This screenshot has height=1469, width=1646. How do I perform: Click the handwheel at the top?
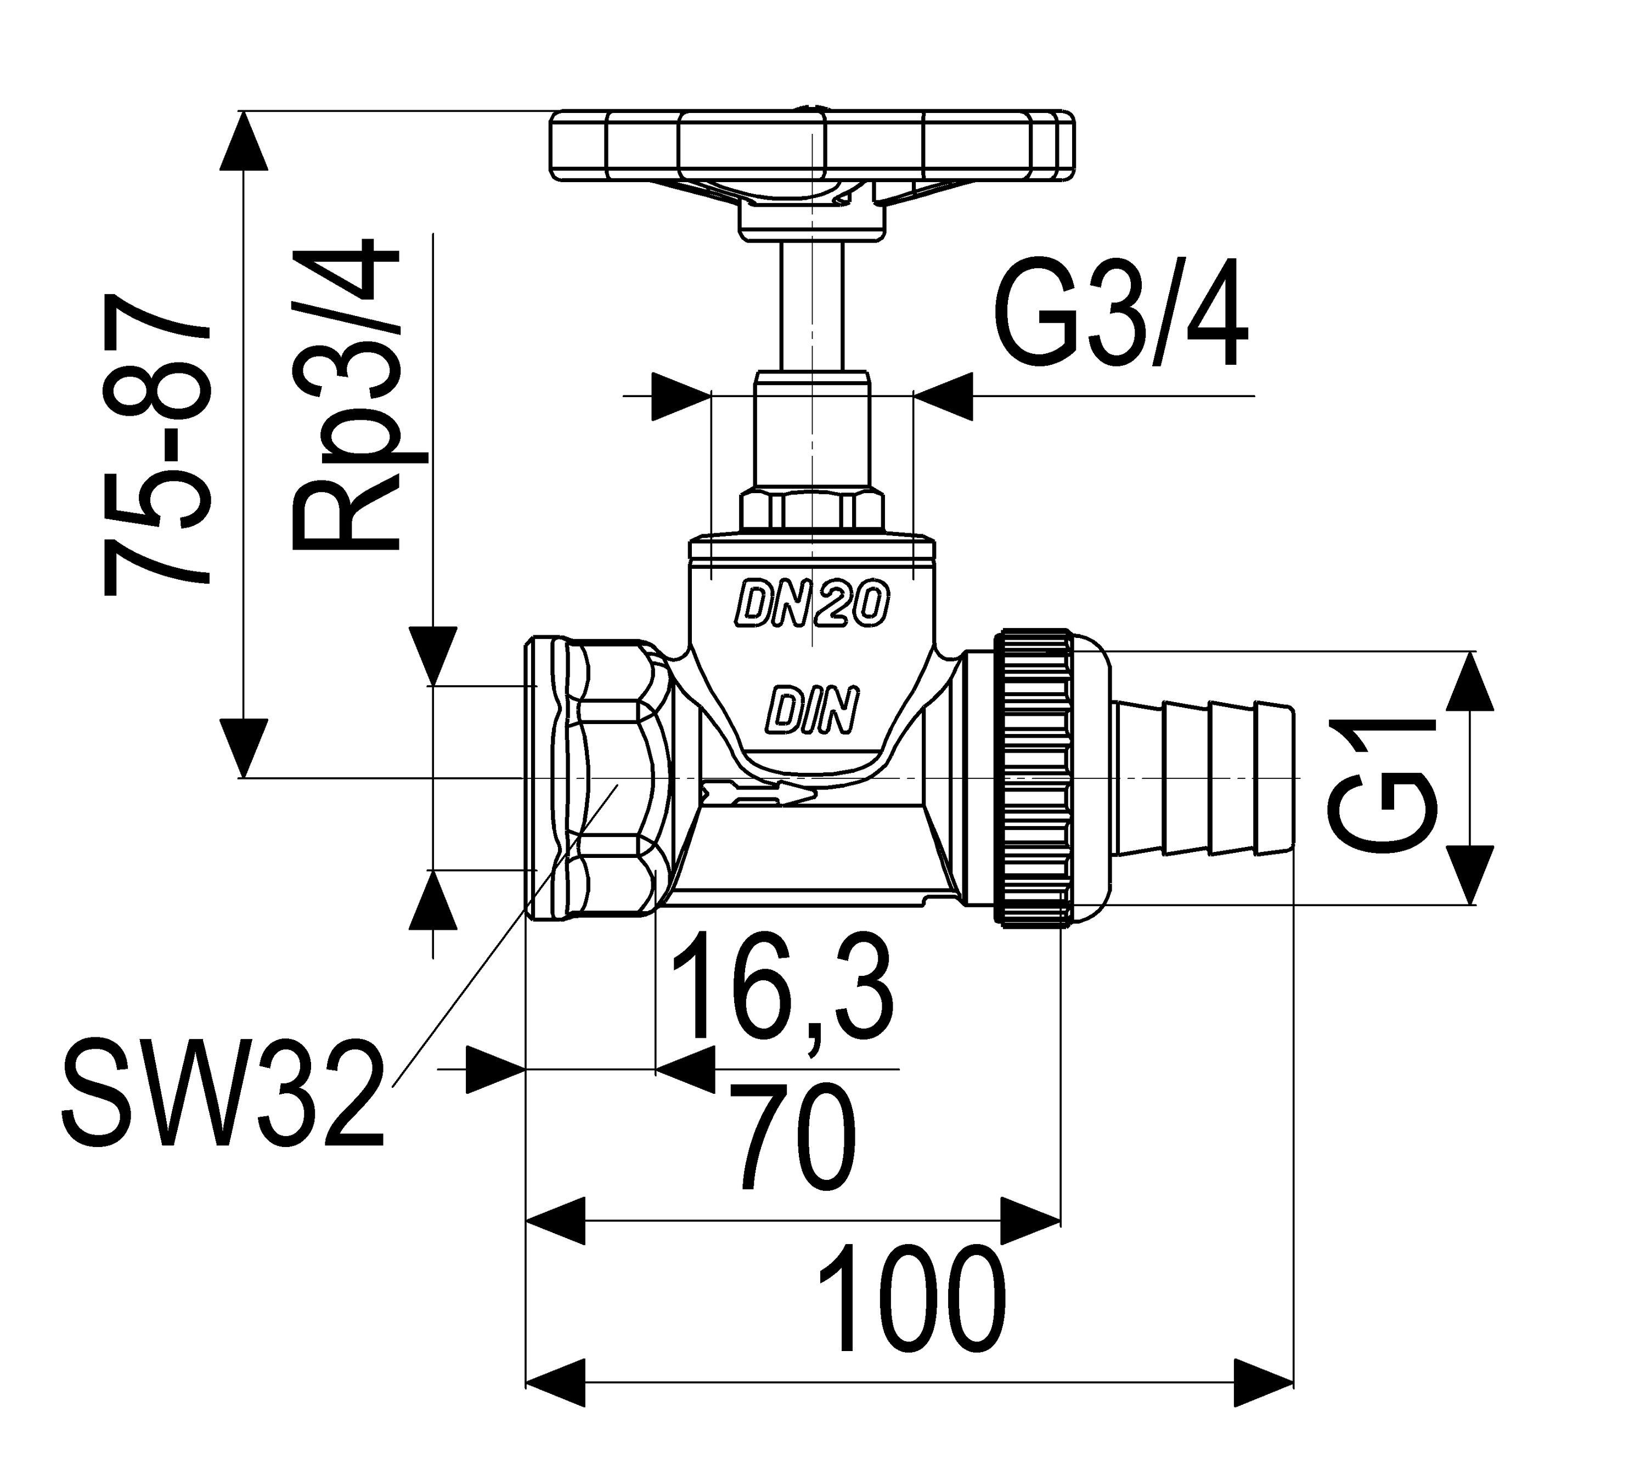[811, 145]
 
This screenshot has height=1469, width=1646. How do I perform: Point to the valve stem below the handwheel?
[811, 307]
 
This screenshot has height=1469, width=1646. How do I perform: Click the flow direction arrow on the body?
[759, 794]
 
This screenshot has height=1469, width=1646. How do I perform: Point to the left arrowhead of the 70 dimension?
[555, 1222]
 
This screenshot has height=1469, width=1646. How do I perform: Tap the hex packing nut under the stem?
[811, 508]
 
